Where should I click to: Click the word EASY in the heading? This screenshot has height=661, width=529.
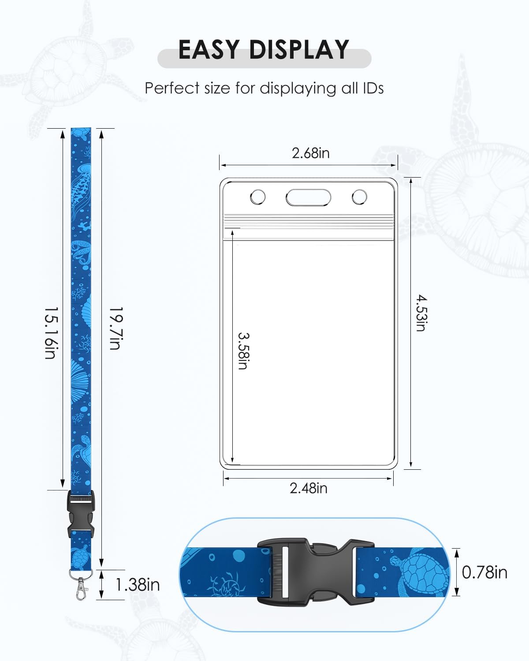(209, 49)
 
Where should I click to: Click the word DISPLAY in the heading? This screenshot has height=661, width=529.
(299, 49)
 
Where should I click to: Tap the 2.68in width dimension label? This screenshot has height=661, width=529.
(310, 153)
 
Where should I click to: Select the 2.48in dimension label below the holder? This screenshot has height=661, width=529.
(308, 488)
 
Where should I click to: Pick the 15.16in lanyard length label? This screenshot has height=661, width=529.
(50, 333)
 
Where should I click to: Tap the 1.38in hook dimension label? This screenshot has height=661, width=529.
(137, 585)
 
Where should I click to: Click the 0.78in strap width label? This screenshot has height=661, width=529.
(484, 572)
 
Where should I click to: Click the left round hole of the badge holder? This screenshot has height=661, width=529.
(258, 197)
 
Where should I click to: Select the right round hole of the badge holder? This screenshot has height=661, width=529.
(359, 197)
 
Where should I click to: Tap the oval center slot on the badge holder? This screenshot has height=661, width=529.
(308, 197)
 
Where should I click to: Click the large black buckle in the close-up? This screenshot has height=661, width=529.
(315, 572)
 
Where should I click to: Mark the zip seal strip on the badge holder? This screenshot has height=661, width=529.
(308, 220)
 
